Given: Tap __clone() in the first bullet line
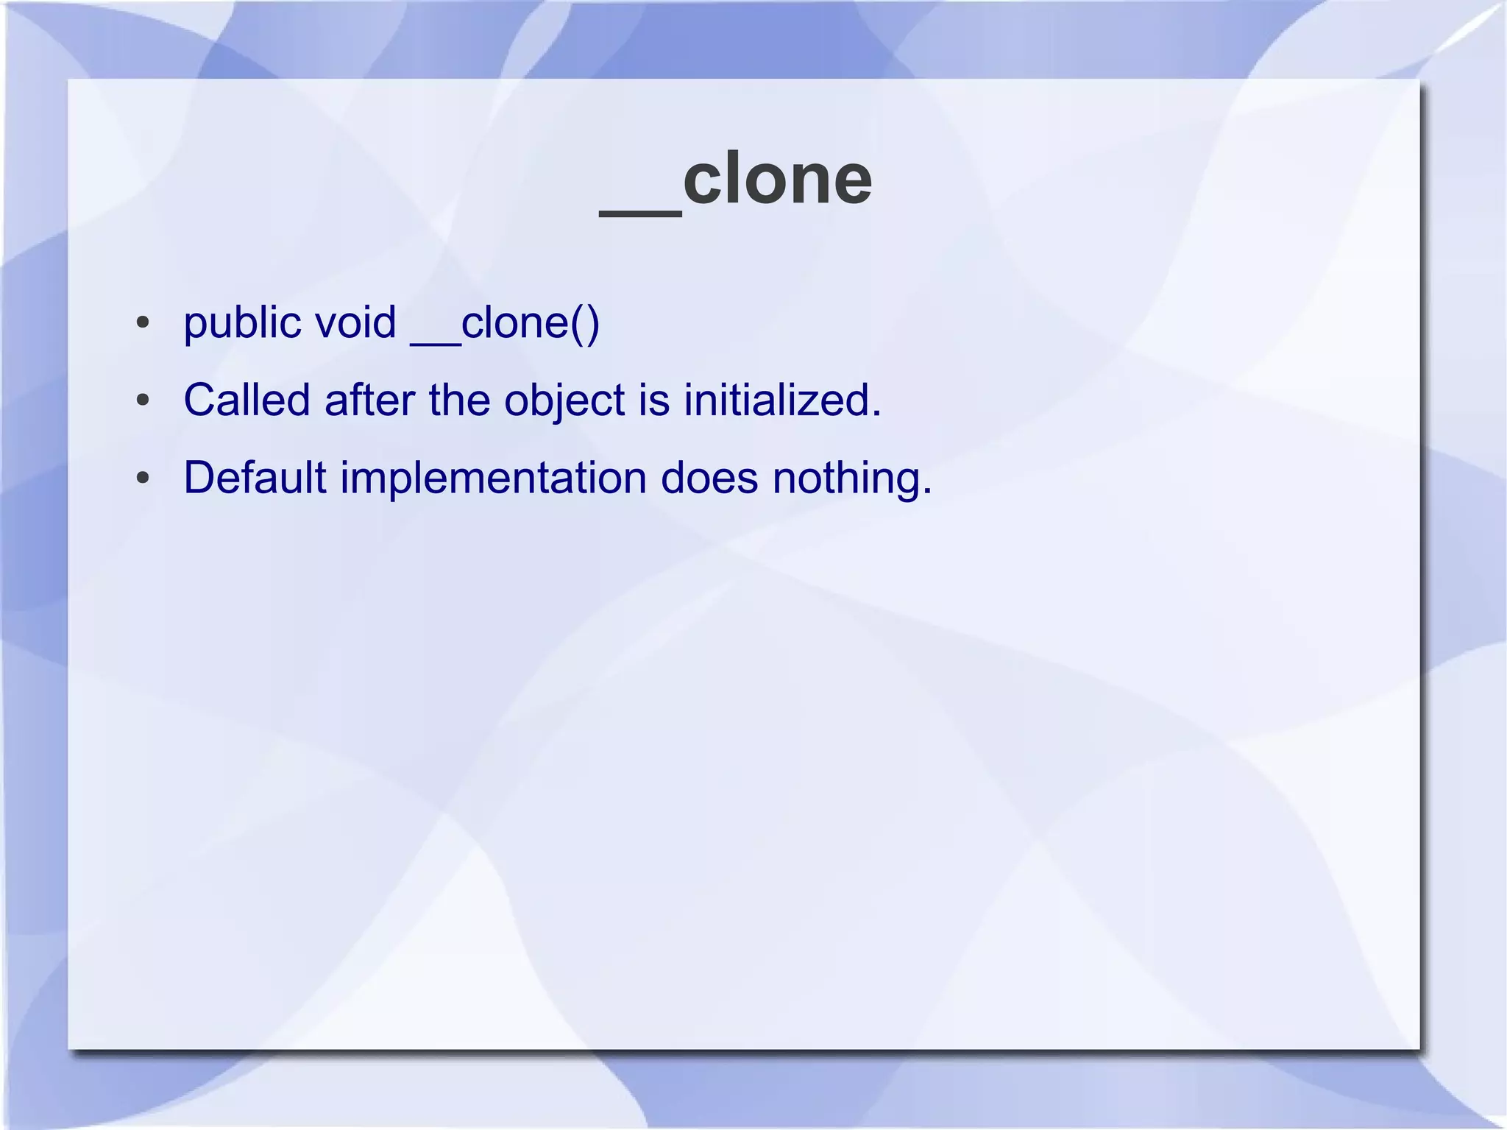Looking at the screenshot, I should click(x=505, y=324).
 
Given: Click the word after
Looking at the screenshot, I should click(x=369, y=401).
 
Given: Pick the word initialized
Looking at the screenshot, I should click(x=780, y=401).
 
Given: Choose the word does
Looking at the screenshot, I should click(x=709, y=479).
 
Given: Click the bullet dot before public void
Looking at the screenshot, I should click(x=143, y=323).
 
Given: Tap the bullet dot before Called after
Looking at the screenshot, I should click(x=143, y=400).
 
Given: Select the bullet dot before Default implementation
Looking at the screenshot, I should click(x=143, y=479).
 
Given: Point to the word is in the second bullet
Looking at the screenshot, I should click(x=654, y=401).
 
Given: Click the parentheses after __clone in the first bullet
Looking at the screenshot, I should click(x=585, y=325).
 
